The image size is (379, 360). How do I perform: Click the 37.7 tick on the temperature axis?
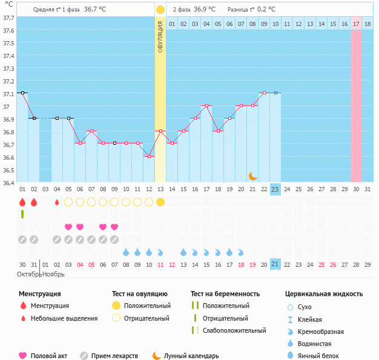pos(8,18)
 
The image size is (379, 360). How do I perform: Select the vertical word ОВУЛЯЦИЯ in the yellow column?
pos(160,36)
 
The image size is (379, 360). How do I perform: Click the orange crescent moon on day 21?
pos(252,176)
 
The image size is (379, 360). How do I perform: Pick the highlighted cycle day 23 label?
pos(275,189)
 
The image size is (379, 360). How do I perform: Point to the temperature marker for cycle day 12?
pos(149,156)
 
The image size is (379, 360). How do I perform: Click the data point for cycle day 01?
pos(22,93)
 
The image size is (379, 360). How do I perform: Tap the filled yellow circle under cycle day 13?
pos(160,201)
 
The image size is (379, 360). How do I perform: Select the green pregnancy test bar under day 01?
pos(22,214)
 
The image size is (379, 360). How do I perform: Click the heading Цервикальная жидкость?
pos(324,294)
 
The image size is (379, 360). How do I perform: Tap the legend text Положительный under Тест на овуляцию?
pos(147,306)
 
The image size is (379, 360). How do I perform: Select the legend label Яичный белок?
pos(323,356)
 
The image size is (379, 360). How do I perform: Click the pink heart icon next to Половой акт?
pos(23,356)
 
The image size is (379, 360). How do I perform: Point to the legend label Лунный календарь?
pos(193,356)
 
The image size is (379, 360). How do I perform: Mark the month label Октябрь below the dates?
pos(28,274)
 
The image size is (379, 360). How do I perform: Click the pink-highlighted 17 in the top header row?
pos(356,24)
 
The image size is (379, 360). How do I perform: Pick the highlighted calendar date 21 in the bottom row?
pos(275,264)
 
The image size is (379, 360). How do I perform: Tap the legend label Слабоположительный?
pos(234,330)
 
